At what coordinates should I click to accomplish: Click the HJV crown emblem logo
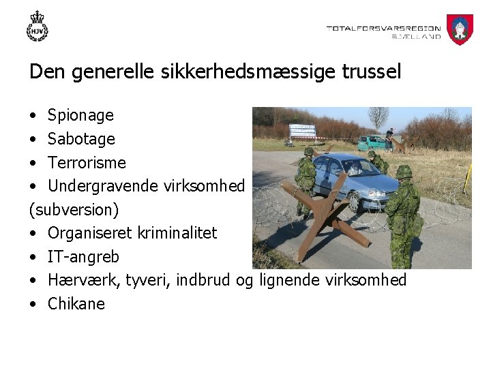(x=38, y=27)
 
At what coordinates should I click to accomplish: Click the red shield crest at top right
(x=460, y=29)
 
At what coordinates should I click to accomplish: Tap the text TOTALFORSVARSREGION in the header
(x=383, y=29)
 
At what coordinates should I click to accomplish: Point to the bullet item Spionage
(x=80, y=115)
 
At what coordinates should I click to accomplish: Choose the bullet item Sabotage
(x=81, y=139)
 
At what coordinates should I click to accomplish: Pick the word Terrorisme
(x=87, y=163)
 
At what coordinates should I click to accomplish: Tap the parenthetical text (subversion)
(x=74, y=209)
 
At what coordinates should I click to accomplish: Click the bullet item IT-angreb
(x=83, y=257)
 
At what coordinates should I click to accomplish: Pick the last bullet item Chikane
(x=76, y=304)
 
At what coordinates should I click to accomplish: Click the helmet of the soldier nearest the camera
(x=404, y=172)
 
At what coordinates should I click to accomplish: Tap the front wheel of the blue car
(x=355, y=200)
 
